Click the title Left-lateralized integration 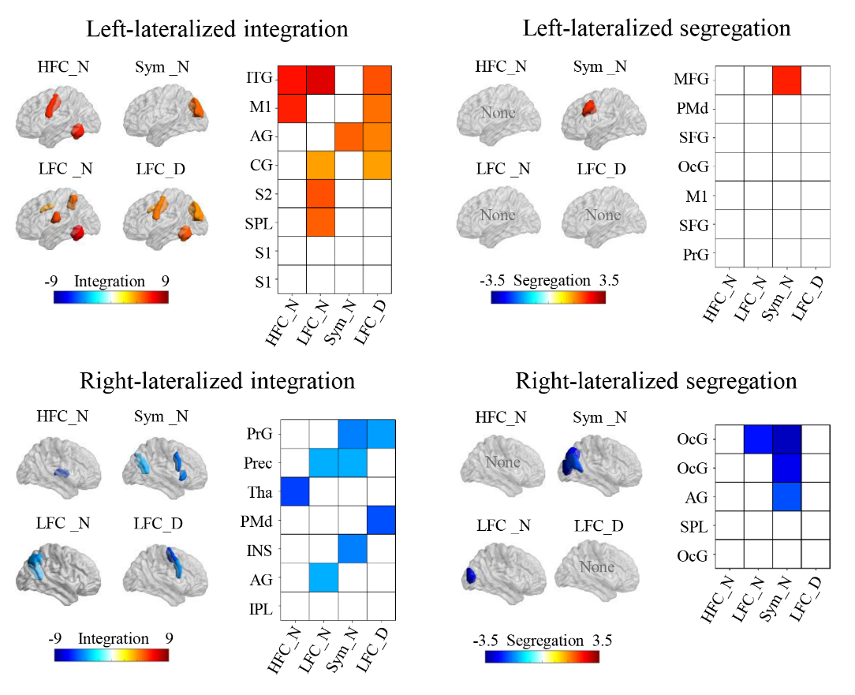click(217, 30)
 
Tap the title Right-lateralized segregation click(656, 381)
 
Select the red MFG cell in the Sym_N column click(786, 80)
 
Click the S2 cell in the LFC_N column click(323, 194)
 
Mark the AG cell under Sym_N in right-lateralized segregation click(786, 496)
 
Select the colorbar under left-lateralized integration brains click(111, 297)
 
